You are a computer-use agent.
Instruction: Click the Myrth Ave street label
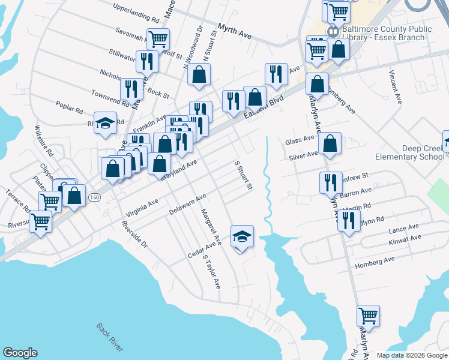point(235,32)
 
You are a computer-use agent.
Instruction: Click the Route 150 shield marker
point(94,197)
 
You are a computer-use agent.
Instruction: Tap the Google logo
point(20,352)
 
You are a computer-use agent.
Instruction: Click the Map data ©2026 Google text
point(412,355)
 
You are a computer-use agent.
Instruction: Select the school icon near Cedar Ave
point(242,236)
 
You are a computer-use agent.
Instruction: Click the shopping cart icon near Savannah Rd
point(158,39)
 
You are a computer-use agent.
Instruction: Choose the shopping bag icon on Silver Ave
point(330,143)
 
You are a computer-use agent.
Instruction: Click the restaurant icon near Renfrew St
point(330,182)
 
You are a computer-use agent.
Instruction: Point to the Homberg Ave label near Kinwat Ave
point(375,260)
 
